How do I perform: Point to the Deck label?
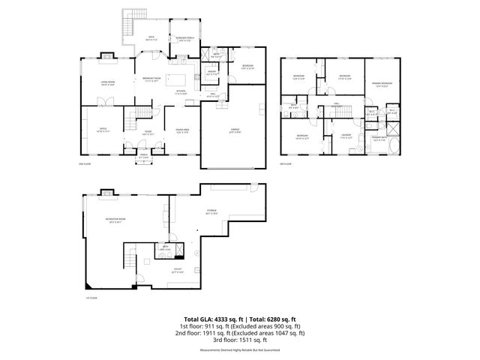[x=151, y=37]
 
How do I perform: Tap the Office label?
[x=103, y=130]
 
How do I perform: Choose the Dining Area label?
[x=181, y=130]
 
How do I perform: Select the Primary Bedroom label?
[x=382, y=84]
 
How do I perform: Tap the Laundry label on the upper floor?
[x=346, y=136]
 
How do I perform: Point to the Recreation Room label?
[x=115, y=220]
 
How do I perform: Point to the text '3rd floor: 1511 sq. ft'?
[x=240, y=339]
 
